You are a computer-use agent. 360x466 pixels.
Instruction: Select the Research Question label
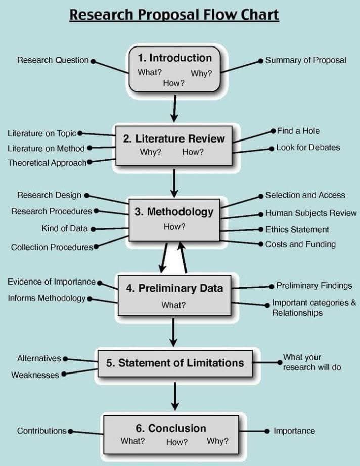click(53, 60)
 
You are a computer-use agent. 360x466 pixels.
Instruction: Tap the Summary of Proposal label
click(305, 60)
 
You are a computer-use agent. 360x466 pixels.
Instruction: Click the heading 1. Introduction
click(174, 58)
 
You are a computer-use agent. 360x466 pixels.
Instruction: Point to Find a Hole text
click(298, 131)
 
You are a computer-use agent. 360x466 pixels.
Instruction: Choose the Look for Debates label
click(307, 148)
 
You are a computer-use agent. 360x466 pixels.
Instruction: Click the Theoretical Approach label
click(47, 163)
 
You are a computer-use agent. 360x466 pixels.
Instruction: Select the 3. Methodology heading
click(174, 212)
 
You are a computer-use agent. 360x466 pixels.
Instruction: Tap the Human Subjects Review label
click(310, 213)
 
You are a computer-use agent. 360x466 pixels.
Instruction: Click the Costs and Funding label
click(300, 244)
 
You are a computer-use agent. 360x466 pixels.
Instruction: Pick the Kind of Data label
click(64, 229)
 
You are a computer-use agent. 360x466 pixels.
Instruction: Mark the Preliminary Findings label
click(314, 286)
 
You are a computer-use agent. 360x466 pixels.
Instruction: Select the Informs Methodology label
click(47, 298)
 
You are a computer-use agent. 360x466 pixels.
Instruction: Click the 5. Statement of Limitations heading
click(174, 363)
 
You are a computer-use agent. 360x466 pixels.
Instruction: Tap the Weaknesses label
click(35, 375)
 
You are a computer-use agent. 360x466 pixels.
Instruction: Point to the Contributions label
click(41, 431)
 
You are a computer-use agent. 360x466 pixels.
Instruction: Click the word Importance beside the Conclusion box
click(294, 431)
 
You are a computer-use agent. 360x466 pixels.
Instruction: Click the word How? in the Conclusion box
click(176, 442)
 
